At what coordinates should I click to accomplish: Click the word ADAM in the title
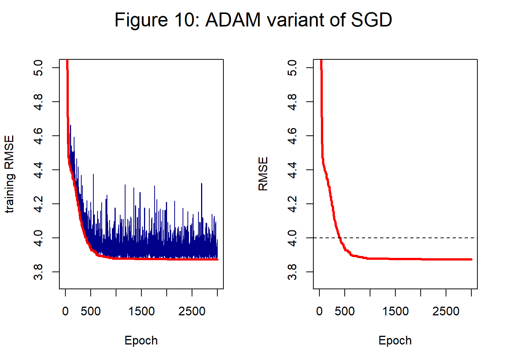point(233,20)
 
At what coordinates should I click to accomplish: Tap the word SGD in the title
point(371,20)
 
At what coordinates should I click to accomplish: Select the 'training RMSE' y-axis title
point(9,174)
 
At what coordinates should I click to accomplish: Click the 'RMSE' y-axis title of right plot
point(263,174)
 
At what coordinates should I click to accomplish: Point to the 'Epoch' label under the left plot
point(141,340)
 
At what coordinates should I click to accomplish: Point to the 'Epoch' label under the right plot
point(395,340)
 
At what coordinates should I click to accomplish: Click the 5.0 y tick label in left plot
point(39,68)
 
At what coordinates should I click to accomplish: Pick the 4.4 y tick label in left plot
point(39,170)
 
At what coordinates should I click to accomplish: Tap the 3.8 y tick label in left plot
point(39,272)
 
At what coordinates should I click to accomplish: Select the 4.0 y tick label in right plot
point(293,238)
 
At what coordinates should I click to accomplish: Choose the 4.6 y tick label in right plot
point(293,136)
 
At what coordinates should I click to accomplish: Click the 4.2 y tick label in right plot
point(293,204)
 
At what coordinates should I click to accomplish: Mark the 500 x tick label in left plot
point(91,312)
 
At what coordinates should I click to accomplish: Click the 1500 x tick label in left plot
point(141,312)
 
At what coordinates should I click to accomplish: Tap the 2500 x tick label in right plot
point(446,312)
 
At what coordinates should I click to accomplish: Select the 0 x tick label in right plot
point(319,312)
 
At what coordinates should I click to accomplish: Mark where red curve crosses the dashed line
point(339,238)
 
